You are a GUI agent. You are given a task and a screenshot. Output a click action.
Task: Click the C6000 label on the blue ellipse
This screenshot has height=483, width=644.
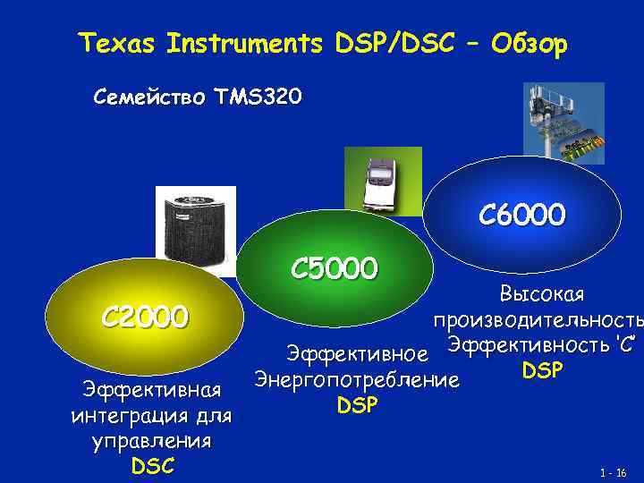pos(521,215)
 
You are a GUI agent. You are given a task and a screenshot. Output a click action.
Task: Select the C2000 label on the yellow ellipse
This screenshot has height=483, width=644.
pos(144,316)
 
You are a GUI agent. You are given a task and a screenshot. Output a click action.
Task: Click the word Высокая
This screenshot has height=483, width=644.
pos(541,294)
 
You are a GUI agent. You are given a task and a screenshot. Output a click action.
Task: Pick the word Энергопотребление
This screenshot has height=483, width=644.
pos(357,380)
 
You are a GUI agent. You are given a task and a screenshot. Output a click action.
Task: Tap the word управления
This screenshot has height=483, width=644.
pos(150,441)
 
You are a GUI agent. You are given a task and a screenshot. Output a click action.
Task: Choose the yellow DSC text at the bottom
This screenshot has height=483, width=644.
pos(150,465)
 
